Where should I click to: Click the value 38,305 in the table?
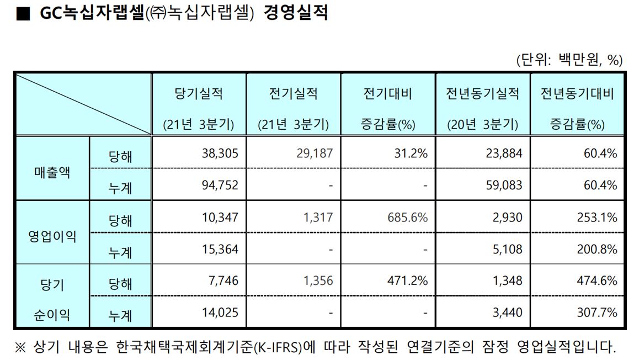coord(220,153)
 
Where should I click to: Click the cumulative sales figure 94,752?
coord(220,185)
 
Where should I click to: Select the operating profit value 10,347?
coord(220,218)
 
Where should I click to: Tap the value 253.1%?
coord(599,218)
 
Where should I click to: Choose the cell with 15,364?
coord(220,249)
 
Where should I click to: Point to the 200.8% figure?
coord(599,249)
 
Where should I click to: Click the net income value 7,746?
coord(223,281)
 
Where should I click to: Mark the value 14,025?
coord(220,313)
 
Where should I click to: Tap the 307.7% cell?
coord(599,313)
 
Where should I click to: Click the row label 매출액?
coord(52,170)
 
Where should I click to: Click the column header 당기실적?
coord(199,94)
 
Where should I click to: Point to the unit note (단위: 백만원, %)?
coord(569,60)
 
